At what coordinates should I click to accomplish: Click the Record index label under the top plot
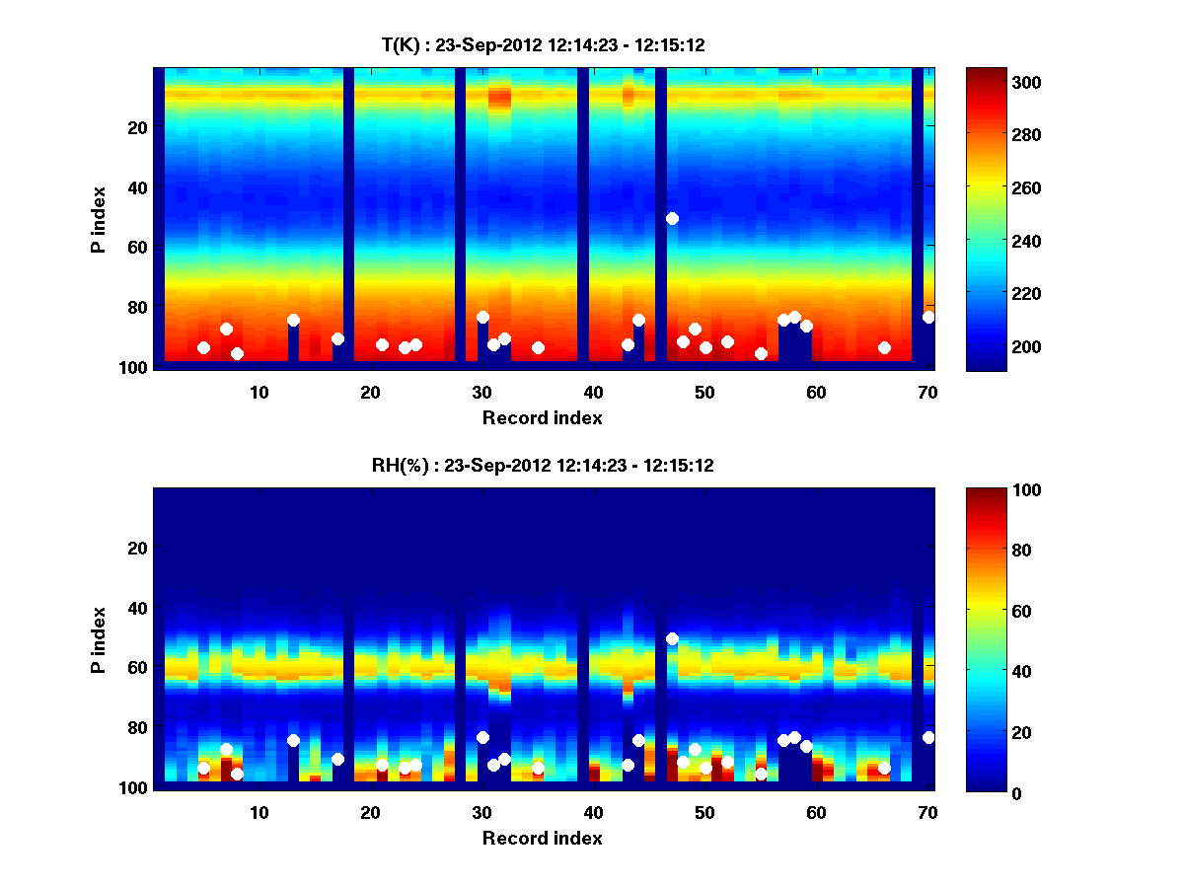point(542,418)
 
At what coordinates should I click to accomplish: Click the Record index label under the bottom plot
point(542,839)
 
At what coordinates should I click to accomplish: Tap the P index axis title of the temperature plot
point(99,218)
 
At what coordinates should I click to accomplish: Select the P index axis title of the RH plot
point(99,638)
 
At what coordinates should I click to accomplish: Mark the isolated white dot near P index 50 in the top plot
point(672,218)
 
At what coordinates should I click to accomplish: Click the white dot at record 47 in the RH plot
point(672,638)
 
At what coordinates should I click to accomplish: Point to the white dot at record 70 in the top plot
point(928,317)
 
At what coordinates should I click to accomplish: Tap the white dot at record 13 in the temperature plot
point(293,320)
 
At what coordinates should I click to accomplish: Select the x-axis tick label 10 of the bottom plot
point(259,812)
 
